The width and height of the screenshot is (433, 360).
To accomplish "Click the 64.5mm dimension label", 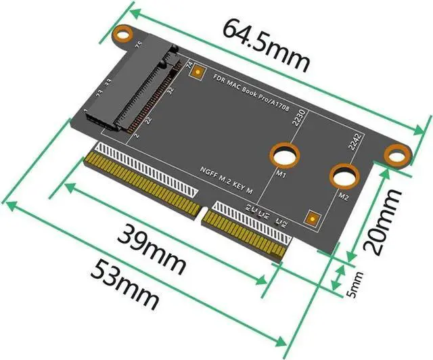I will pyautogui.click(x=266, y=47).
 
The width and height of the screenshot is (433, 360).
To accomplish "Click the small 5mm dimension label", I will pyautogui.click(x=357, y=280).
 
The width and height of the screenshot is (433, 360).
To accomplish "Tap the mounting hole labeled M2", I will pyautogui.click(x=344, y=177).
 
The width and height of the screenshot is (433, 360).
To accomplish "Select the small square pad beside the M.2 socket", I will pyautogui.click(x=198, y=71).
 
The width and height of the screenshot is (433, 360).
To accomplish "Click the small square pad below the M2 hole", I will pyautogui.click(x=313, y=218).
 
